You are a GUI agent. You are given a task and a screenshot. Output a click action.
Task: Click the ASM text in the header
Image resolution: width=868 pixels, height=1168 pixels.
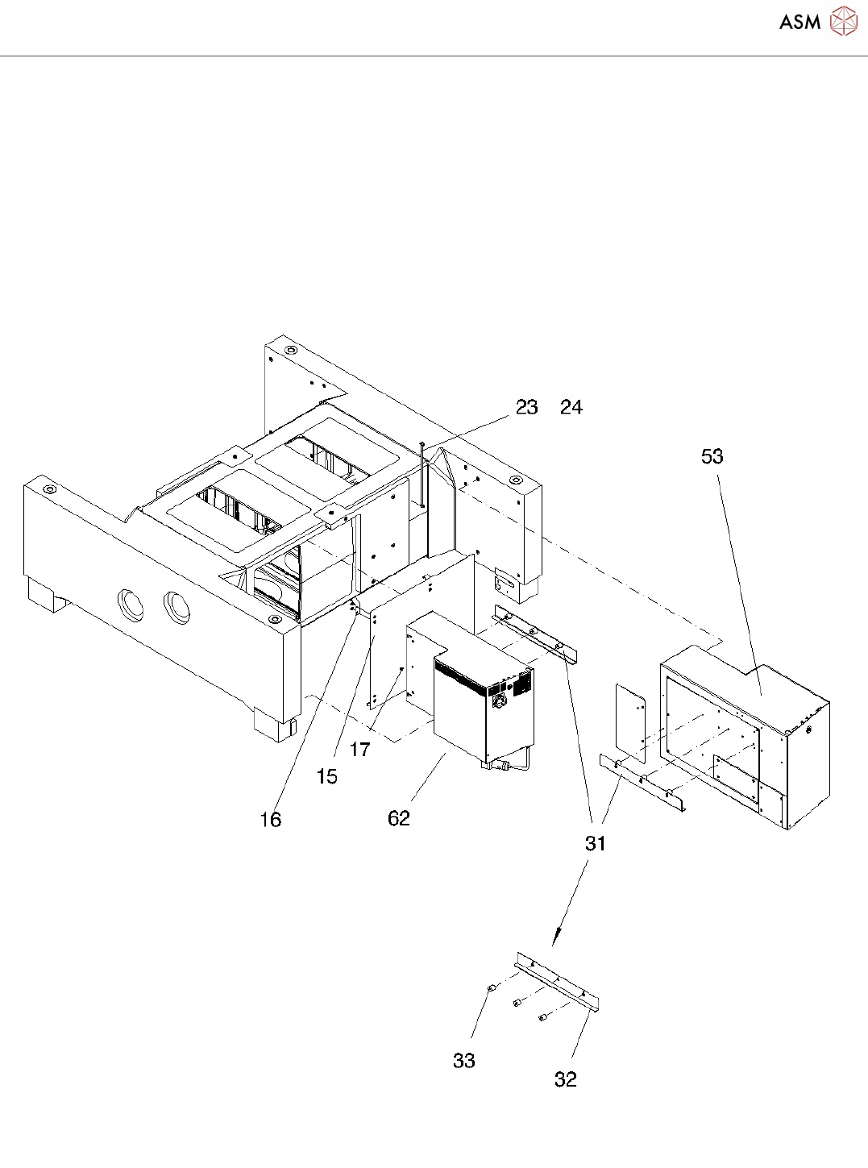point(799,22)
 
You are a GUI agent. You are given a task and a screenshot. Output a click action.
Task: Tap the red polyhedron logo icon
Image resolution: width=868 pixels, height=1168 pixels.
point(843,21)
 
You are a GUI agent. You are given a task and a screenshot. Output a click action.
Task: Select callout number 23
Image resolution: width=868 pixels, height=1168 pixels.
point(527,407)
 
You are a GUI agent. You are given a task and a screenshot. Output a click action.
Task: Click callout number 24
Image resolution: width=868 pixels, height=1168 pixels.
point(571,407)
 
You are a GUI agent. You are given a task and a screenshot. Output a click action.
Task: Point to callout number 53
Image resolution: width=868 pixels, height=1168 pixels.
point(712,456)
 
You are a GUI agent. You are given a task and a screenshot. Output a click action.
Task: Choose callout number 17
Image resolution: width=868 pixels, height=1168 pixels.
point(360,749)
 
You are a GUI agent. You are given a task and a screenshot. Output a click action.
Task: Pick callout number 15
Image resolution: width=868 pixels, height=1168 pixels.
point(326,775)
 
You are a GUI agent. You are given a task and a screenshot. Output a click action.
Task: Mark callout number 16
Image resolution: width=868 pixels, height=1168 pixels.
point(271,819)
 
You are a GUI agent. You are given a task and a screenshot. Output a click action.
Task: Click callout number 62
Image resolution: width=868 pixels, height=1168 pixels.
point(399,818)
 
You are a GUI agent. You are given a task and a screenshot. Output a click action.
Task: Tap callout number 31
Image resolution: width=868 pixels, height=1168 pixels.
point(596,844)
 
